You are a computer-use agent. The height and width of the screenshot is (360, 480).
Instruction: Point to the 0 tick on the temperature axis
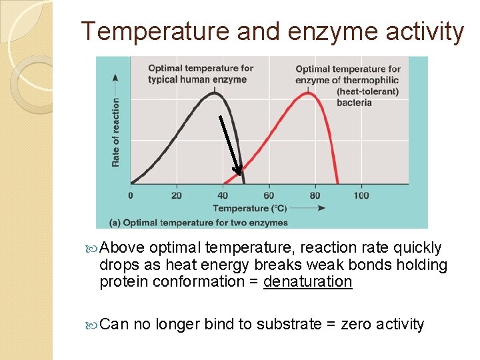pyautogui.click(x=131, y=195)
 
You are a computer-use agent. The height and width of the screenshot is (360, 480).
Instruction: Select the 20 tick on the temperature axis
pyautogui.click(x=176, y=195)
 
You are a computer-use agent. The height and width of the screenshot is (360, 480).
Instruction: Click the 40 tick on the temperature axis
pyautogui.click(x=222, y=195)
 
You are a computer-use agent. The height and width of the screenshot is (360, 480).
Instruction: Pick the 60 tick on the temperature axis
pyautogui.click(x=268, y=195)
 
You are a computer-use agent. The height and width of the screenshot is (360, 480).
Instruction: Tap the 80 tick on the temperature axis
pyautogui.click(x=315, y=195)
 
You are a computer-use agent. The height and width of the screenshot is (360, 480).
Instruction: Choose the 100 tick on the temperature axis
pyautogui.click(x=361, y=195)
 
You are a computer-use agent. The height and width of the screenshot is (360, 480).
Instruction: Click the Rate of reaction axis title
pyautogui.click(x=115, y=132)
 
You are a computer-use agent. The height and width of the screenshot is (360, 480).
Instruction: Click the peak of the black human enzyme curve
pyautogui.click(x=214, y=93)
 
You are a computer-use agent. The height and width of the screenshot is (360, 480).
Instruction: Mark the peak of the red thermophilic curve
pyautogui.click(x=307, y=93)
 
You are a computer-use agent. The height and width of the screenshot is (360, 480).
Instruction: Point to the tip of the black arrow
pyautogui.click(x=238, y=175)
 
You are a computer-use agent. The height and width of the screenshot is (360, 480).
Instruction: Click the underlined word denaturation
pyautogui.click(x=307, y=281)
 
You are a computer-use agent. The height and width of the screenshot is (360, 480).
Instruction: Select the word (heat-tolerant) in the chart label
pyautogui.click(x=367, y=91)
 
